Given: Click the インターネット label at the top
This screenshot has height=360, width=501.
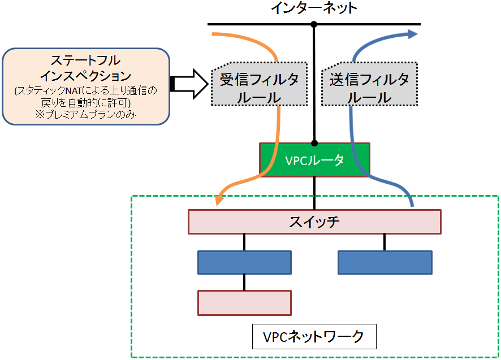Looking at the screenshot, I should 314,8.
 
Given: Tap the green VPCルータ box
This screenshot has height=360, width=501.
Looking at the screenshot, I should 314,160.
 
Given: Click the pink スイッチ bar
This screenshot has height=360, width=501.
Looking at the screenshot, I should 314,222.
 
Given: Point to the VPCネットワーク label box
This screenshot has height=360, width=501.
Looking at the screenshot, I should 314,337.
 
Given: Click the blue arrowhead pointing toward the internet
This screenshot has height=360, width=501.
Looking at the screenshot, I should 412,34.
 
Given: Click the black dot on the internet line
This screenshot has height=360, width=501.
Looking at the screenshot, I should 314,24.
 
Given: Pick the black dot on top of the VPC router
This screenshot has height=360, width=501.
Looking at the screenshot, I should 314,143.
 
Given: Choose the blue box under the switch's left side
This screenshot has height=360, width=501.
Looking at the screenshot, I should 244,263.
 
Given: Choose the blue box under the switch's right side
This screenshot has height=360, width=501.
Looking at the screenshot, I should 385,263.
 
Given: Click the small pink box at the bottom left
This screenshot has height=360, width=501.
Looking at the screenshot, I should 244,302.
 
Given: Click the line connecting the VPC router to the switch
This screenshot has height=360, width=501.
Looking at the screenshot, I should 314,193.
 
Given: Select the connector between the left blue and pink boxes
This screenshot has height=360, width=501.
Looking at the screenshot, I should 244,282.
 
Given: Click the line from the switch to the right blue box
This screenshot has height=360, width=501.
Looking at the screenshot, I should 385,242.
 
